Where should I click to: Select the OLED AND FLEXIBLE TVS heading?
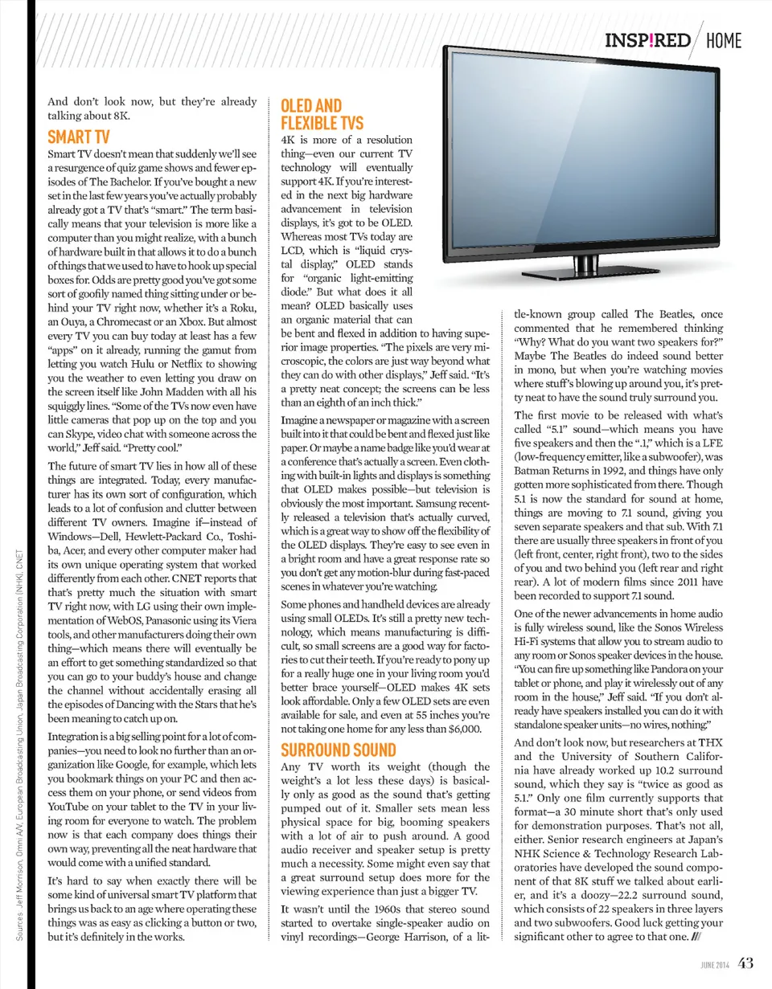click(x=322, y=115)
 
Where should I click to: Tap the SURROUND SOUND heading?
click(x=337, y=750)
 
